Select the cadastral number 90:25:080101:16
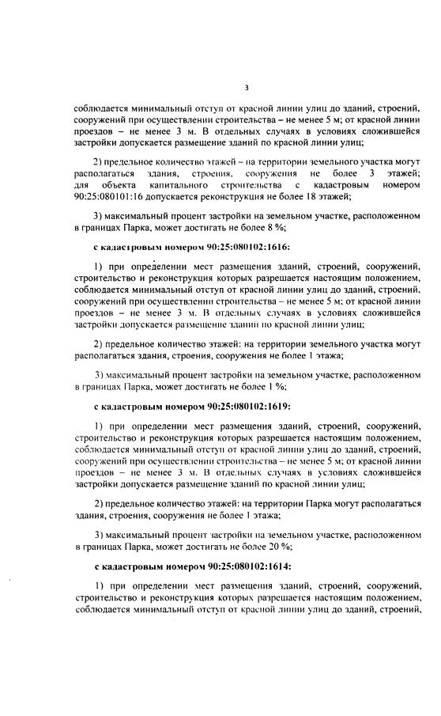[x=111, y=197]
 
